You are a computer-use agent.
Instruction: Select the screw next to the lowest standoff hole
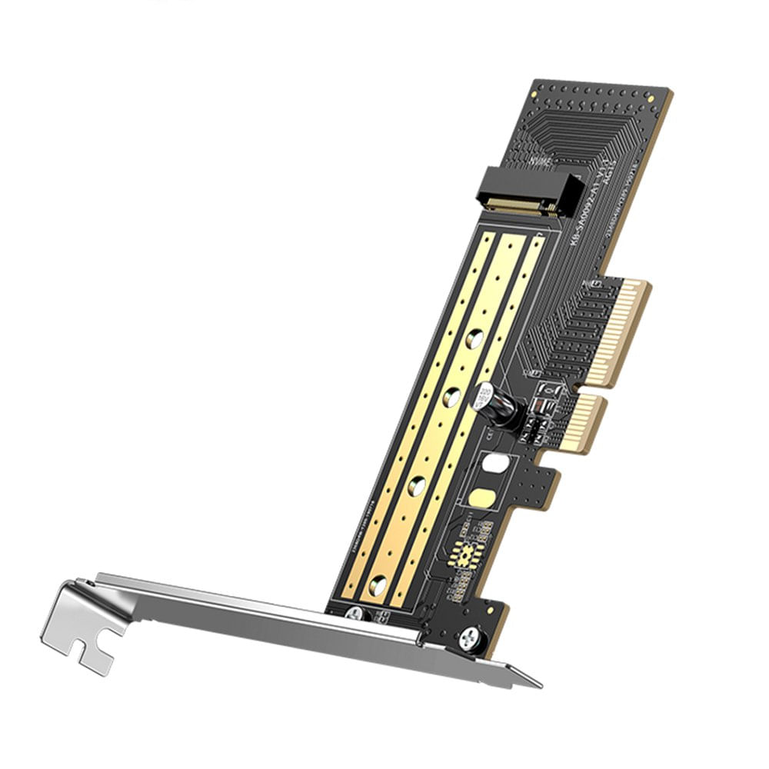[355, 613]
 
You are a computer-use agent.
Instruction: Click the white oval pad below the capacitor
[497, 463]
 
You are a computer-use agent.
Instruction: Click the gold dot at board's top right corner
[663, 93]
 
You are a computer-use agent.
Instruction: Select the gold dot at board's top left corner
[538, 82]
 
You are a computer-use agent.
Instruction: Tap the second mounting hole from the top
[452, 398]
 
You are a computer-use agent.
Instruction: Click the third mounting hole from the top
[416, 484]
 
